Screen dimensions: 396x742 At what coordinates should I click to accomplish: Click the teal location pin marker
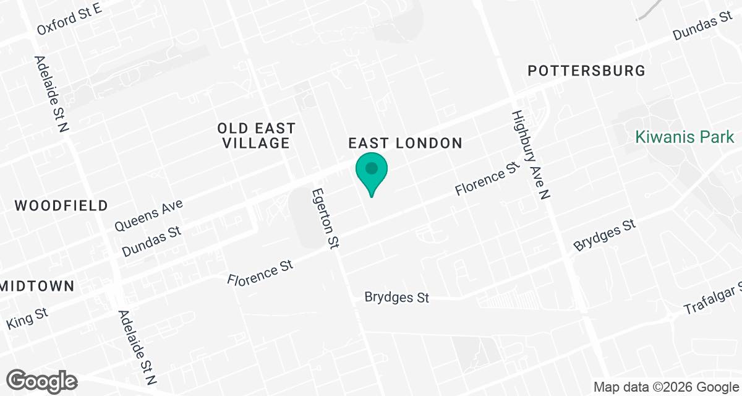(x=371, y=170)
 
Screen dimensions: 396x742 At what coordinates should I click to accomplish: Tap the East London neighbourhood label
(x=405, y=144)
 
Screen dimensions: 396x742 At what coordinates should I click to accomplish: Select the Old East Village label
(x=256, y=136)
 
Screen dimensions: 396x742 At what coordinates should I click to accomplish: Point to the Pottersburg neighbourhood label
(x=586, y=71)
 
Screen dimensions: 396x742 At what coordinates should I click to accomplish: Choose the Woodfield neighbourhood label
(x=61, y=206)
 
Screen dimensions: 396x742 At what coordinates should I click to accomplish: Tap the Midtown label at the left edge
(x=37, y=286)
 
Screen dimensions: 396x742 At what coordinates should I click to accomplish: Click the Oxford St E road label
(x=68, y=19)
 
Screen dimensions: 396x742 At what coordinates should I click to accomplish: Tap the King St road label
(x=27, y=319)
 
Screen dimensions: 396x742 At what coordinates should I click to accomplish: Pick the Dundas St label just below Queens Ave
(x=151, y=241)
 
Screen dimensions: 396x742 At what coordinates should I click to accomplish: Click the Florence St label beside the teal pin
(x=485, y=179)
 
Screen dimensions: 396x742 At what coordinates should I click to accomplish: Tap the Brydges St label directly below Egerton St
(x=396, y=298)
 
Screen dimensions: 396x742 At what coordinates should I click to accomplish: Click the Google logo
(x=42, y=380)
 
